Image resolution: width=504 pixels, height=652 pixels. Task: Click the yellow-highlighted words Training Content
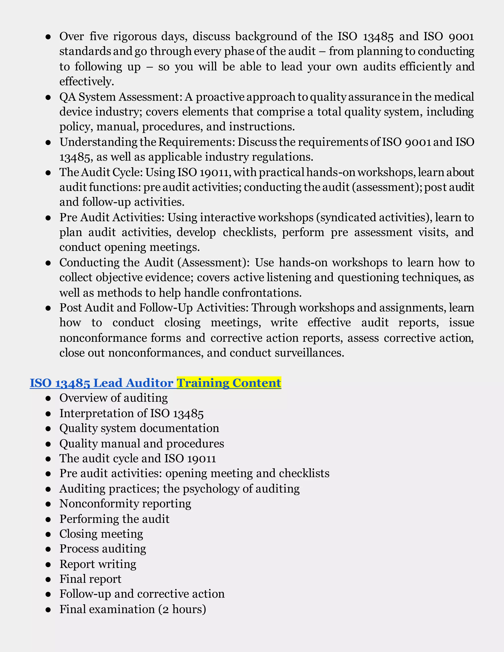229,383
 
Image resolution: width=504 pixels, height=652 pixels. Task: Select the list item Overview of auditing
113,398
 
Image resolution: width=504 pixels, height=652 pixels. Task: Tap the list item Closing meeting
101,534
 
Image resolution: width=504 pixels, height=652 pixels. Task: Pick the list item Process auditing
103,549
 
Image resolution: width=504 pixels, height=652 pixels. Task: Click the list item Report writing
98,564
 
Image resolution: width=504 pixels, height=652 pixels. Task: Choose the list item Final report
90,579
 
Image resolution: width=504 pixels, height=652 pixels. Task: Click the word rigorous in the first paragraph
135,36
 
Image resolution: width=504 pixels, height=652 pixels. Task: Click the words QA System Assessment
121,97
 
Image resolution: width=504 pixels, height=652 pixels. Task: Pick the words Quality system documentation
139,428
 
